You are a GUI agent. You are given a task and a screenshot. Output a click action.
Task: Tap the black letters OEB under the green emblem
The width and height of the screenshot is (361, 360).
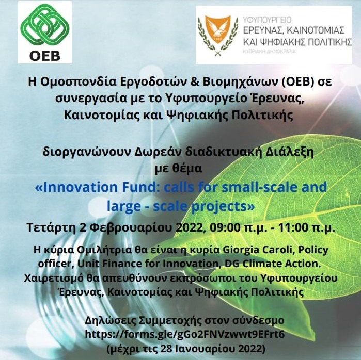point(44,55)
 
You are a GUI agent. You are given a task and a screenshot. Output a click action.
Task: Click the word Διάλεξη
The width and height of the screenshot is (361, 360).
point(293,152)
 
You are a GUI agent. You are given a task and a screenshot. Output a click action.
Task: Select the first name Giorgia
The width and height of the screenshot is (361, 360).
point(244,251)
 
